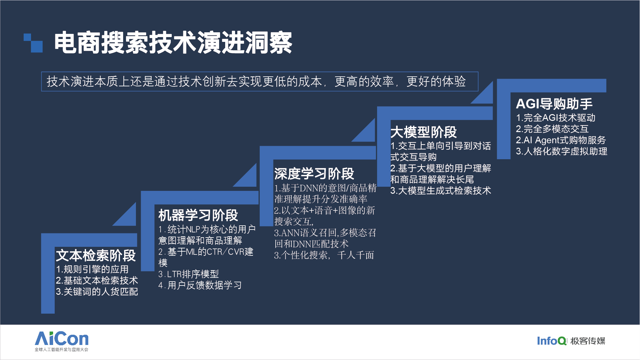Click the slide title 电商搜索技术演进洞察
173,43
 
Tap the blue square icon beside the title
33,43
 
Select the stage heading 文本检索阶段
96,255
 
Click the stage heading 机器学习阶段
198,215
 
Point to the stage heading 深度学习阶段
314,174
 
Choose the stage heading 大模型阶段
423,132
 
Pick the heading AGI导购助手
554,104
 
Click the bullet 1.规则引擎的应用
92,269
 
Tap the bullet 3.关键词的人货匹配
97,292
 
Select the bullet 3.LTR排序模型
189,274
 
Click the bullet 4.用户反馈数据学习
200,285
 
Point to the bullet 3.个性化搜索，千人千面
324,255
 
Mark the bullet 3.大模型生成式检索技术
441,191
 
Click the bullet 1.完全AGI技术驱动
556,118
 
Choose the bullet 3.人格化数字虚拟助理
562,151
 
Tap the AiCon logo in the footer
62,341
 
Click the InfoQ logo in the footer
552,341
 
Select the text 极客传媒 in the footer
588,341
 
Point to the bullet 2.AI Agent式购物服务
561,140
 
